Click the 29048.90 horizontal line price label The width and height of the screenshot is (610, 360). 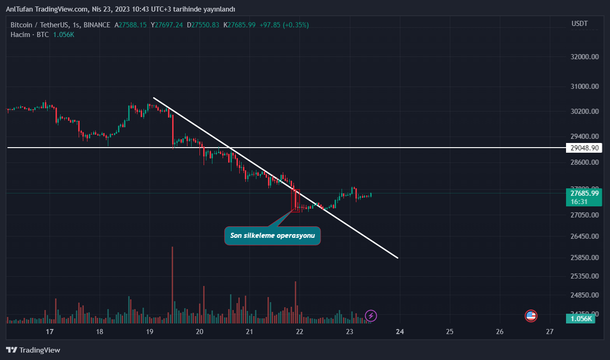(585, 148)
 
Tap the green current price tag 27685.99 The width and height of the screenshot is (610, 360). (585, 193)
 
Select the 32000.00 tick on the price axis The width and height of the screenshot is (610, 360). (585, 57)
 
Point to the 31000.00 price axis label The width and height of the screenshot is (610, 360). (585, 87)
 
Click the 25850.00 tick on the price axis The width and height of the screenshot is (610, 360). (585, 257)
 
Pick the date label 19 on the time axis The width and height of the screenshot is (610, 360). (149, 332)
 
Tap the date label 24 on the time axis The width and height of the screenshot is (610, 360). (400, 332)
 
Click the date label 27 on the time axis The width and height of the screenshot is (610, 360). (549, 332)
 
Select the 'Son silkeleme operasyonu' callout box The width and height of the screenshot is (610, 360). (273, 236)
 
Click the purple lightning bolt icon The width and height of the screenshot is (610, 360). (371, 316)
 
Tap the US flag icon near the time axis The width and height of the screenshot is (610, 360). (531, 316)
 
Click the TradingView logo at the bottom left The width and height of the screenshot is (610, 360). (33, 350)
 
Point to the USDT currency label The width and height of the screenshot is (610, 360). (579, 23)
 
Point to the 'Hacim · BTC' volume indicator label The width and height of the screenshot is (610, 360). (30, 35)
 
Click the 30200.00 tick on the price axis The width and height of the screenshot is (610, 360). (585, 112)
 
